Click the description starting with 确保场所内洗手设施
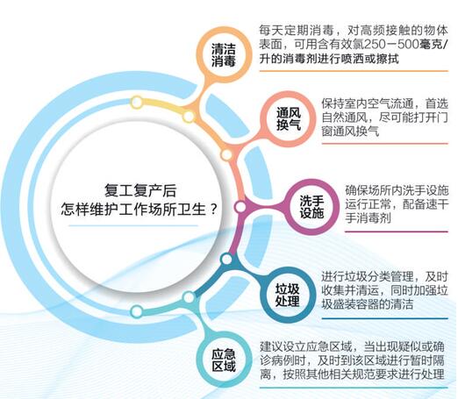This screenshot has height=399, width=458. [x=390, y=204]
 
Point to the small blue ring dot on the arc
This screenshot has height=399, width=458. [x=226, y=260]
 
